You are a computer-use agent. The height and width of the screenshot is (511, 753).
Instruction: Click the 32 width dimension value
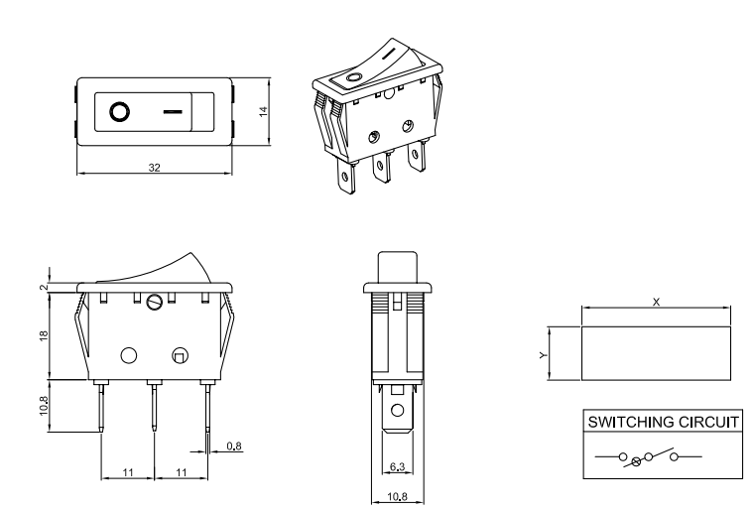(154, 168)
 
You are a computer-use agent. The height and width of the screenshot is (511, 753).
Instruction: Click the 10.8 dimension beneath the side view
(397, 493)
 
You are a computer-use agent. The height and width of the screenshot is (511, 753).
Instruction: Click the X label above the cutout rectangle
(656, 301)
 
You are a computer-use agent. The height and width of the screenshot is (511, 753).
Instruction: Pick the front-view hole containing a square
(181, 355)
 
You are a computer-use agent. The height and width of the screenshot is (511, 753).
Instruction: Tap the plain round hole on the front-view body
(128, 355)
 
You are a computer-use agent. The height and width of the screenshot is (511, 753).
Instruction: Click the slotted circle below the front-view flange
(154, 302)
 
